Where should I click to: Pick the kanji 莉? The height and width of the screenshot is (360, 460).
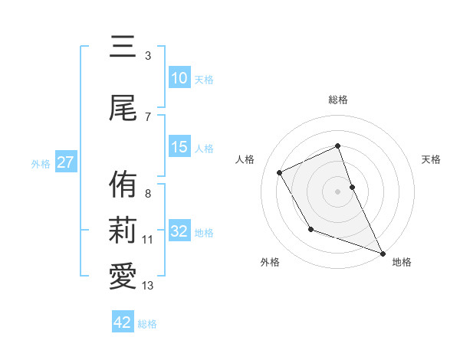(x=123, y=231)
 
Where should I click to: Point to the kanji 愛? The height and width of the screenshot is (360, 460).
(x=123, y=277)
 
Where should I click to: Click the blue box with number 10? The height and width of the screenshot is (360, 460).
(x=179, y=78)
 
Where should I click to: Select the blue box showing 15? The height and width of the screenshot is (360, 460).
(x=179, y=147)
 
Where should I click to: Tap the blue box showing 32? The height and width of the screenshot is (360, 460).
(x=179, y=231)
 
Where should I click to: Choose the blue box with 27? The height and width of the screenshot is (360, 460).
(x=65, y=162)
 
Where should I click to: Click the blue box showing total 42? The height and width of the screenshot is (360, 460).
(x=123, y=322)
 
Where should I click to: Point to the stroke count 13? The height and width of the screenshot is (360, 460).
(x=148, y=286)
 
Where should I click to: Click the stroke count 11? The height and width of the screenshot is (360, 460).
(x=147, y=240)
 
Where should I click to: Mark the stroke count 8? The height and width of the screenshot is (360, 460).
(x=148, y=194)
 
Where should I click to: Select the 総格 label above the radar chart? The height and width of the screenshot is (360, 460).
(x=337, y=100)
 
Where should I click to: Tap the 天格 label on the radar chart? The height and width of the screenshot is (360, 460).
(x=432, y=159)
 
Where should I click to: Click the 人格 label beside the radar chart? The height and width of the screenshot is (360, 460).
(x=245, y=159)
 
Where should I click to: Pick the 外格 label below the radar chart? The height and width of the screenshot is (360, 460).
(x=270, y=262)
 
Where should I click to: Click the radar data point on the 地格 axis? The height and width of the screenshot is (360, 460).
(x=383, y=253)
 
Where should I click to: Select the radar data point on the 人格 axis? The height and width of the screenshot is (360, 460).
(x=280, y=172)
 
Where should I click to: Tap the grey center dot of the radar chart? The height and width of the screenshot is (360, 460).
(x=337, y=191)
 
